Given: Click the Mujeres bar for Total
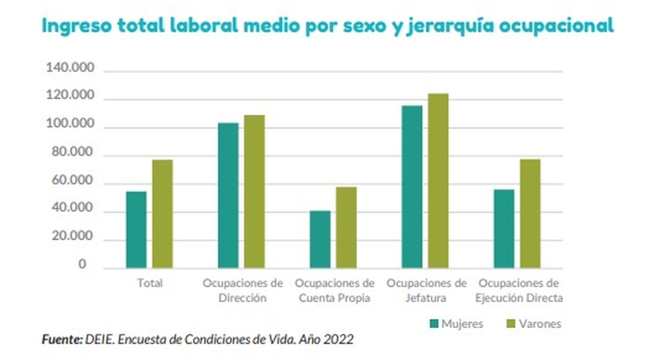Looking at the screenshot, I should click(x=137, y=230).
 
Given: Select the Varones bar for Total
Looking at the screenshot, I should click(x=163, y=214).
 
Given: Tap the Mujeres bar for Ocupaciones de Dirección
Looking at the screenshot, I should click(x=228, y=195).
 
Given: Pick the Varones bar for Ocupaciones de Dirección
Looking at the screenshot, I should click(x=254, y=192).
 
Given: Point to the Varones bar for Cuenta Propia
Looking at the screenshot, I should click(x=347, y=228).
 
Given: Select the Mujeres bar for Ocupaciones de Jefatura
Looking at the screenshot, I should click(x=412, y=187).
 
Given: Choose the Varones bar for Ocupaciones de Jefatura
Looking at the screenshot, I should click(x=438, y=181).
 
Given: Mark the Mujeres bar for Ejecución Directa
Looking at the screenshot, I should click(x=504, y=229).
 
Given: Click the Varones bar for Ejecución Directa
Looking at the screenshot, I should click(x=530, y=213).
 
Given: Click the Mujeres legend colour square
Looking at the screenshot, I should click(x=433, y=324).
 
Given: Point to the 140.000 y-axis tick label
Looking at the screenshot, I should click(x=70, y=69).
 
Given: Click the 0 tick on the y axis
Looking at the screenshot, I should click(x=82, y=265).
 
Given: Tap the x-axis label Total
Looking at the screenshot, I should click(x=149, y=284).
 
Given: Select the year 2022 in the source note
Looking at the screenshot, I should click(x=339, y=340).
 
